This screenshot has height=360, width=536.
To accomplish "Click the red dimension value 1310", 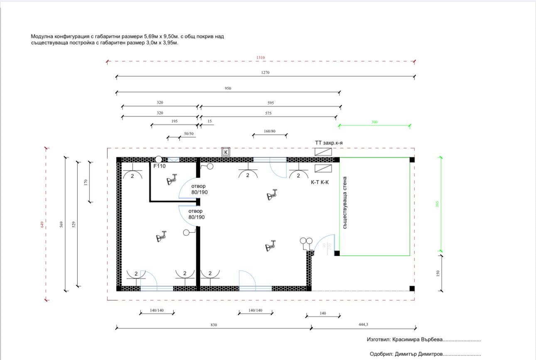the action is coord(261,57).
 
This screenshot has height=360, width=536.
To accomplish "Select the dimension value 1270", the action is coord(265,72).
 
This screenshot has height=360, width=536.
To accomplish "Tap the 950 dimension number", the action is coord(228,88).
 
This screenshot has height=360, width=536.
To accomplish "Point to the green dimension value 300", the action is coord(374,122).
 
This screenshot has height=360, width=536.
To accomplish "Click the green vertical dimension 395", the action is coord(437,204).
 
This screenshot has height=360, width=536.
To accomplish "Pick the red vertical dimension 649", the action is coord(42,224).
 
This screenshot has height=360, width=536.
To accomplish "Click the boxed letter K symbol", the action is coord(226,152).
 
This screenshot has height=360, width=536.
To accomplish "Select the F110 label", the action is coord(160,166).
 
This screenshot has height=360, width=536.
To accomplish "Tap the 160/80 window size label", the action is coord(270,131).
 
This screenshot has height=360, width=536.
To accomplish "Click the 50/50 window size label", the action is coord(189,133).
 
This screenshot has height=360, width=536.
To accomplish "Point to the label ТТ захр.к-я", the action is coord(329,143).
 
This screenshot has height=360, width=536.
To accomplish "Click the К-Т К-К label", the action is coord(320,182).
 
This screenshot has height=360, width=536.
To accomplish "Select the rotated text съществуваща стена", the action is coord(345,203).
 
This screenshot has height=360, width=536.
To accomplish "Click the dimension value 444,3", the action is coord(363,325).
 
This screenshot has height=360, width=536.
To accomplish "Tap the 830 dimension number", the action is coord(214,325).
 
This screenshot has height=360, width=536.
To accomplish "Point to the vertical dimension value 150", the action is coord(438,274).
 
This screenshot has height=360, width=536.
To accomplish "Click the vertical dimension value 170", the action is coord(86,182).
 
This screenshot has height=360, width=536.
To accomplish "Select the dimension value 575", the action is coord(268,113).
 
